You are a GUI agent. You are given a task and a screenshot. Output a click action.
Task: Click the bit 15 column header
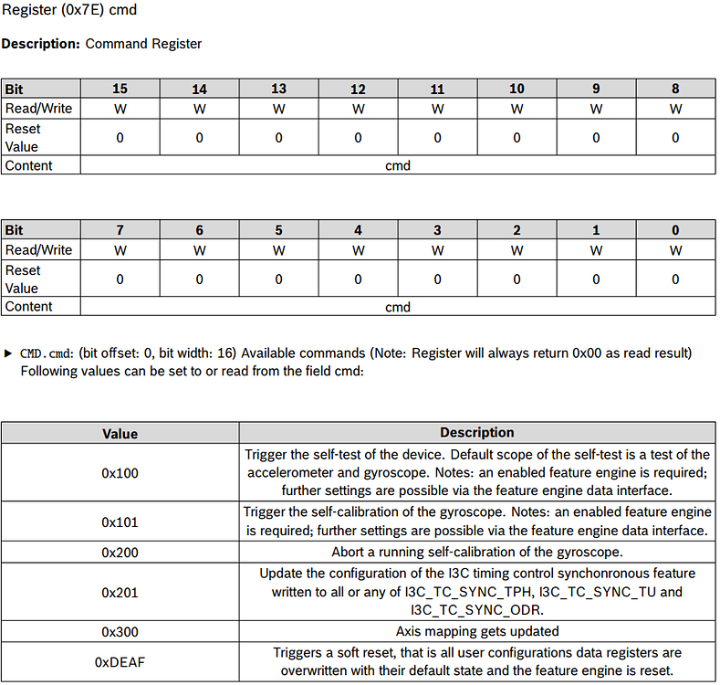120,89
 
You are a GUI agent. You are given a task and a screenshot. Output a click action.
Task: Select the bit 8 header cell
675,89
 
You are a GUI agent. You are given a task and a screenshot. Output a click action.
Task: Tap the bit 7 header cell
120,230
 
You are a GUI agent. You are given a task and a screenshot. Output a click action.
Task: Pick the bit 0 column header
675,230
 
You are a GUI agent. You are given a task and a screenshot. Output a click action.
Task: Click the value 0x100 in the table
120,473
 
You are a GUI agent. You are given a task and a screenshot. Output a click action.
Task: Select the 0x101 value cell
120,522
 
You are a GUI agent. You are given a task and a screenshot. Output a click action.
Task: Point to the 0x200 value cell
120,552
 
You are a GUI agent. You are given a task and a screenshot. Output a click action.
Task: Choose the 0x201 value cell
120,592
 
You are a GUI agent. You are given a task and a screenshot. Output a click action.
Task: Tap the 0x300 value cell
120,631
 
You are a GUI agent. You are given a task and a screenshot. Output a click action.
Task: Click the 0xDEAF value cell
120,662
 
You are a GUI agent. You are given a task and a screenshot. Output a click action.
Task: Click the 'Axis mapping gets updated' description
477,631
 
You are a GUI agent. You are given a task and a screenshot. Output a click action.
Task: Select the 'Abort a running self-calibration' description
477,552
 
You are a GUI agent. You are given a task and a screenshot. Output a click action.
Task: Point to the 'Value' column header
120,433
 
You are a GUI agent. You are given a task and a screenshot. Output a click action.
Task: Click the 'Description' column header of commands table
477,433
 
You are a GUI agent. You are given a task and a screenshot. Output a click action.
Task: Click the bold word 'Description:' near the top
41,44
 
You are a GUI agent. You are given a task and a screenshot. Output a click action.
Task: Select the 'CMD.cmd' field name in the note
47,353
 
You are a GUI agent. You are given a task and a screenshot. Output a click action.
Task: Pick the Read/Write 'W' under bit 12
358,109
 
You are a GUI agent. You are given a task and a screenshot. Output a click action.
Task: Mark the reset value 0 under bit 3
437,279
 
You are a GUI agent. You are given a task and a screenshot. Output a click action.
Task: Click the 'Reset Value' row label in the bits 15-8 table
23,138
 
